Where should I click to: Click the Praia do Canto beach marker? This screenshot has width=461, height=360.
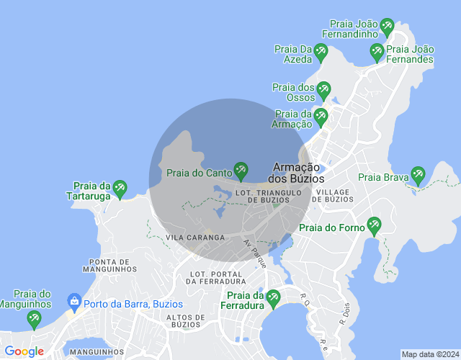pos(241,171)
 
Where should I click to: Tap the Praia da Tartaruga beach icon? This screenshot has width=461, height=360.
pos(120,189)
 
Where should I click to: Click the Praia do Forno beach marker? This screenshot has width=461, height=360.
pos(373,226)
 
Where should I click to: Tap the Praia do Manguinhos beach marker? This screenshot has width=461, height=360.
pos(33,318)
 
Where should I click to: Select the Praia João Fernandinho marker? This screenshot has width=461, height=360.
pos(387,28)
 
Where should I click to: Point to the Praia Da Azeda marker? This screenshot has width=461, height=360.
pos(321,52)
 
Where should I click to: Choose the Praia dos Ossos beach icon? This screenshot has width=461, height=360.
pos(323,91)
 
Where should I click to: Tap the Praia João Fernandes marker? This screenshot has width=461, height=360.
pos(376,52)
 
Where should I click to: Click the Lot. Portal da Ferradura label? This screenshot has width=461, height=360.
pos(216,277)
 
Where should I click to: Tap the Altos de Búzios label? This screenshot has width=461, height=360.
pos(187,320)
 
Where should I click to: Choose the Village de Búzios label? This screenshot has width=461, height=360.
pos(331,195)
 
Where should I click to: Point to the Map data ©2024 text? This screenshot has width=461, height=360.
pos(429,354)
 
